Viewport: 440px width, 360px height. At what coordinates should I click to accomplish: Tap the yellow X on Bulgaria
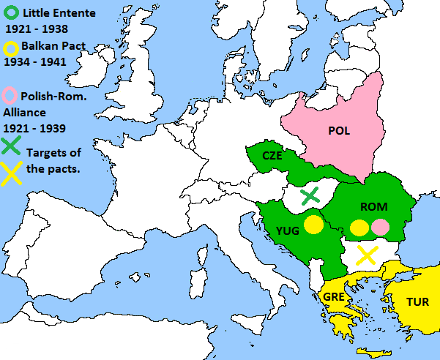coord(366,255)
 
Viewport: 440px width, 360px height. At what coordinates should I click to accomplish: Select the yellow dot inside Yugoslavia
coord(313,225)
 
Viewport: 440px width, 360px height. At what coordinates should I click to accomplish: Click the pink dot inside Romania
coord(379,227)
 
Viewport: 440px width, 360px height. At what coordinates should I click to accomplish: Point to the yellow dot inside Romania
coord(359,227)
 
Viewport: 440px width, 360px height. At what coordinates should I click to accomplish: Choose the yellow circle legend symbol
coord(11,47)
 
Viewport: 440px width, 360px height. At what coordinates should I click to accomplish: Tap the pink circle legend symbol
coord(11,95)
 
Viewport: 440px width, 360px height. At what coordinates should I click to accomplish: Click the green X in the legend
coord(11,145)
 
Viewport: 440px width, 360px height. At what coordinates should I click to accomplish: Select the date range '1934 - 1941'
coord(36,62)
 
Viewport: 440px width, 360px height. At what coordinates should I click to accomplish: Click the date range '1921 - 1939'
coord(34,128)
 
